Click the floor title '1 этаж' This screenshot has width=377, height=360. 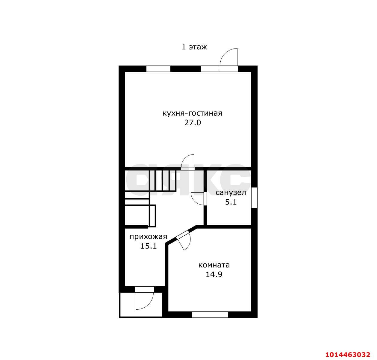194,47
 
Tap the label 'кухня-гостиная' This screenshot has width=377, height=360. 192,113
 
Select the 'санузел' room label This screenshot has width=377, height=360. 231,193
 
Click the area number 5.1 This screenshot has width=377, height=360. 231,202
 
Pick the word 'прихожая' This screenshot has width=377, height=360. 148,237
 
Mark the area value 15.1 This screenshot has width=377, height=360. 149,246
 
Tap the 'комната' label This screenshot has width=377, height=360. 214,265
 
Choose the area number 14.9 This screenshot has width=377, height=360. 214,275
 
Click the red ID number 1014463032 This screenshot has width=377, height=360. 348,354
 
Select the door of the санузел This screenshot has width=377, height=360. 198,198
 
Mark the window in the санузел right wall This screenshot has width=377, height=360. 254,198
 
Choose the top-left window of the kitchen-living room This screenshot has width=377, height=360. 158,69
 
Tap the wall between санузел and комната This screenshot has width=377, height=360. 229,227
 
